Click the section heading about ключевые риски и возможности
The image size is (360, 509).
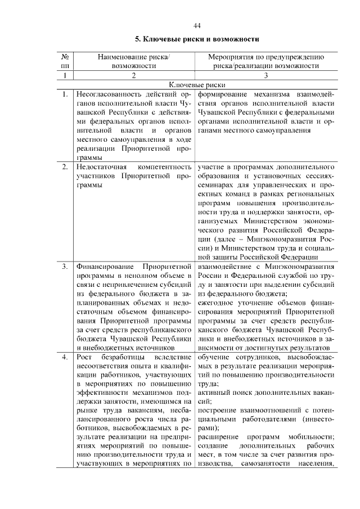(x=196, y=40)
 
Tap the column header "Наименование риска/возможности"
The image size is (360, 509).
(x=133, y=61)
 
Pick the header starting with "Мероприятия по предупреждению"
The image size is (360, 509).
(x=265, y=57)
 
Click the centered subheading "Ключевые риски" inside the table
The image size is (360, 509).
(x=197, y=84)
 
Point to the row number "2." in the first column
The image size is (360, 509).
(x=65, y=167)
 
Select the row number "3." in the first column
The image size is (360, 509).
(x=65, y=265)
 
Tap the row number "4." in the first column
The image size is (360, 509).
(x=65, y=358)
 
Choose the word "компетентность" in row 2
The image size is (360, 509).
(x=164, y=167)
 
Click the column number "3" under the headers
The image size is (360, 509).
(x=265, y=75)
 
